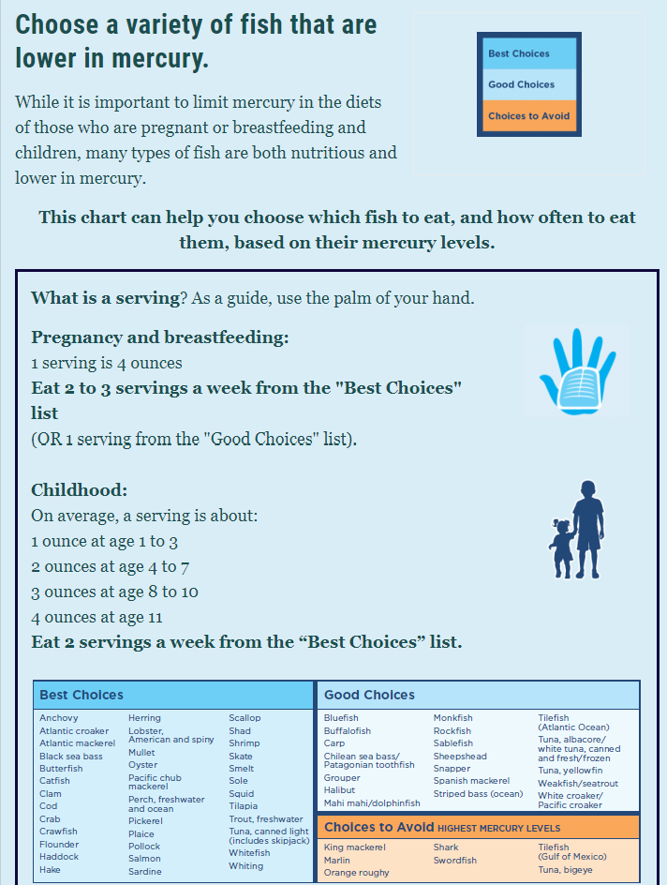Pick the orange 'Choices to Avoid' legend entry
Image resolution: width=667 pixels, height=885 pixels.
point(528,116)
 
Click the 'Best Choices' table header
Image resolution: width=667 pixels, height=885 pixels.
point(82,695)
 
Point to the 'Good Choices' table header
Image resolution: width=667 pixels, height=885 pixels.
point(369,695)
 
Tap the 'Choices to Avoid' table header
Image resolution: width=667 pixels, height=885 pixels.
point(379,827)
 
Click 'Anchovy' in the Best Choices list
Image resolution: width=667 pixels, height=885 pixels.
point(59,718)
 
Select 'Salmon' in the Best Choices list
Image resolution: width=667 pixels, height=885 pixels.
point(144,859)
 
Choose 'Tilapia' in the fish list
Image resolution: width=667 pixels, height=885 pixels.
point(244,806)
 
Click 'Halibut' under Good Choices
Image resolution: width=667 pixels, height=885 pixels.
point(340,790)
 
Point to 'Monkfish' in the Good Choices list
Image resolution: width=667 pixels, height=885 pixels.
point(452,718)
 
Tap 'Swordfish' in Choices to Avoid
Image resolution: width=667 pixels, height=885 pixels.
point(455,860)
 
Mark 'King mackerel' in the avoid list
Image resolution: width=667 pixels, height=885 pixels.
point(354,847)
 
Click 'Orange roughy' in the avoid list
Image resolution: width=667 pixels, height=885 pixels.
point(357,873)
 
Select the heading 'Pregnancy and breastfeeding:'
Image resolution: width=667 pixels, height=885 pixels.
point(160,337)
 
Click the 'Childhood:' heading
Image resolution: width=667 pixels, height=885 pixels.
point(80,489)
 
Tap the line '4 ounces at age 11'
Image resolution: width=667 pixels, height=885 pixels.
point(96,617)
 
